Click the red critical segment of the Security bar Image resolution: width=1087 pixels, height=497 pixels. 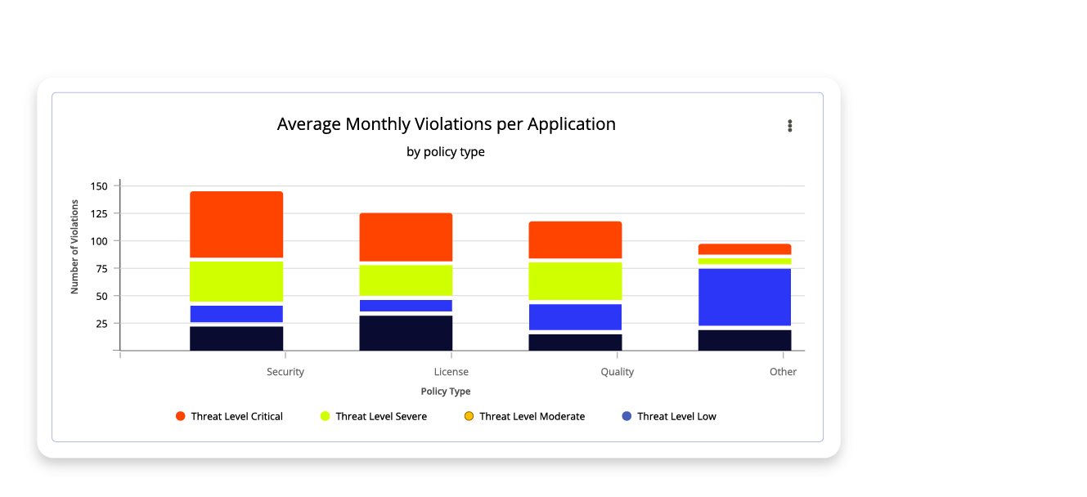click(236, 224)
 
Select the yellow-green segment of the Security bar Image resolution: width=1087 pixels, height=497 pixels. click(236, 281)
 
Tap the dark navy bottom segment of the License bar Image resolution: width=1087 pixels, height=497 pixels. click(406, 333)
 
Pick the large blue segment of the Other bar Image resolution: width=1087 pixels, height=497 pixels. click(744, 297)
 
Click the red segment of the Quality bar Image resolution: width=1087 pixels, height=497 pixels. click(575, 240)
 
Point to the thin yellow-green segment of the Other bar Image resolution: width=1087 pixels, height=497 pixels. click(744, 262)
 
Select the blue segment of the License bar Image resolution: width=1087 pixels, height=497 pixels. click(406, 306)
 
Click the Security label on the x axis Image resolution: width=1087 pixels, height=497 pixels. click(285, 372)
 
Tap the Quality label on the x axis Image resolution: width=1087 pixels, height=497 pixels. click(617, 372)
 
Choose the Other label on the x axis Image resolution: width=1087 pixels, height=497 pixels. click(783, 372)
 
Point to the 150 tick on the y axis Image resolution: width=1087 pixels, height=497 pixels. click(99, 186)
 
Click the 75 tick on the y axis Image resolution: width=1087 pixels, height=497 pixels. click(101, 269)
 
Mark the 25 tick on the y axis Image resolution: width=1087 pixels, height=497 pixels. click(101, 324)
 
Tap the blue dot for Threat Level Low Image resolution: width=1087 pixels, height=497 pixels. click(627, 417)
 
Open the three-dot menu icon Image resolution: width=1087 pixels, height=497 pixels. click(789, 125)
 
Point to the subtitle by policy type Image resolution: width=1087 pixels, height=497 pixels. click(445, 152)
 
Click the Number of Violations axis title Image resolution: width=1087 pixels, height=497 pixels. click(74, 247)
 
